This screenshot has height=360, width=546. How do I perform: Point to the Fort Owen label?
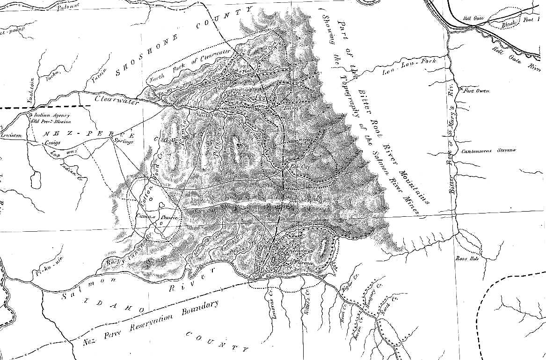click(476, 91)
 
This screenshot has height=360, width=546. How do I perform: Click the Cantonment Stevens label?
click(488, 151)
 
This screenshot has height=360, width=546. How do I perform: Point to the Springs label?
click(124, 140)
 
